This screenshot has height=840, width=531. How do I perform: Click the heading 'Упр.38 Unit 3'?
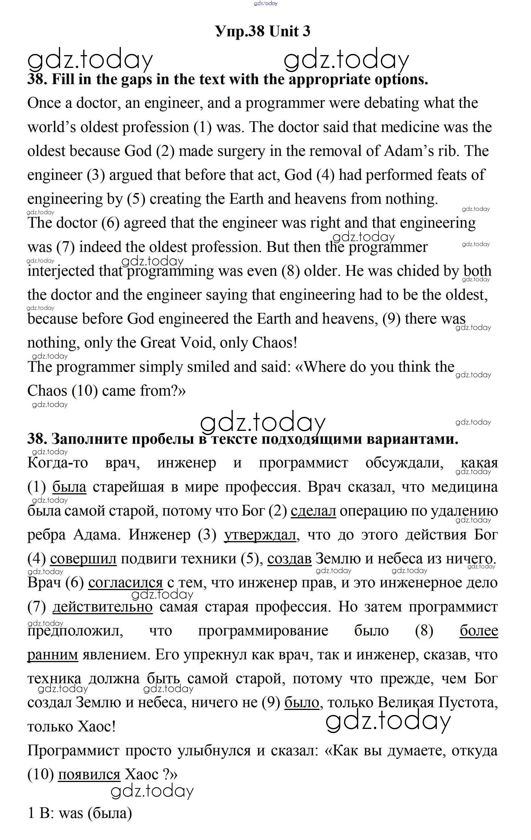[x=263, y=31]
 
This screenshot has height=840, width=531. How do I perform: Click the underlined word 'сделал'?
[x=313, y=511]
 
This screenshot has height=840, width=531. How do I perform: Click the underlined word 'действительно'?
[x=102, y=607]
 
